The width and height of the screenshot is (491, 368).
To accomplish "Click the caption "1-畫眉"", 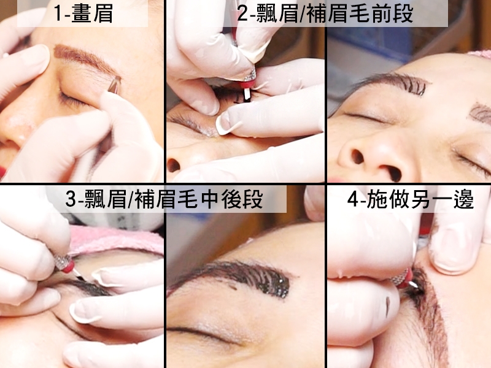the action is [83, 13].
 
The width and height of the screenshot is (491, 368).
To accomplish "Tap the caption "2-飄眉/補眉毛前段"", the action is [325, 13].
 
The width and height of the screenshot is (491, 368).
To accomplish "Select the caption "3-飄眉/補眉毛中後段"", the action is [164, 199].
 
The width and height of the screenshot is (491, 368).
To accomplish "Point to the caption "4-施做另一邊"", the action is [411, 199].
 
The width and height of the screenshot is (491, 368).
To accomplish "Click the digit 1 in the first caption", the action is [58, 13].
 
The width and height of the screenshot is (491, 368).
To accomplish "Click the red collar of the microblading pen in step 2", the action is [247, 84].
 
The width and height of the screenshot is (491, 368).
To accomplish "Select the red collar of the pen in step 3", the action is [69, 266].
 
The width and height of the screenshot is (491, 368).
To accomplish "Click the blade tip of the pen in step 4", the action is [414, 284].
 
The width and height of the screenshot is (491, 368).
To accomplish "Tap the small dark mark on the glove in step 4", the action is [388, 307].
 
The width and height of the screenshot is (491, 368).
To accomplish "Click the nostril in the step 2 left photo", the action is [174, 165].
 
